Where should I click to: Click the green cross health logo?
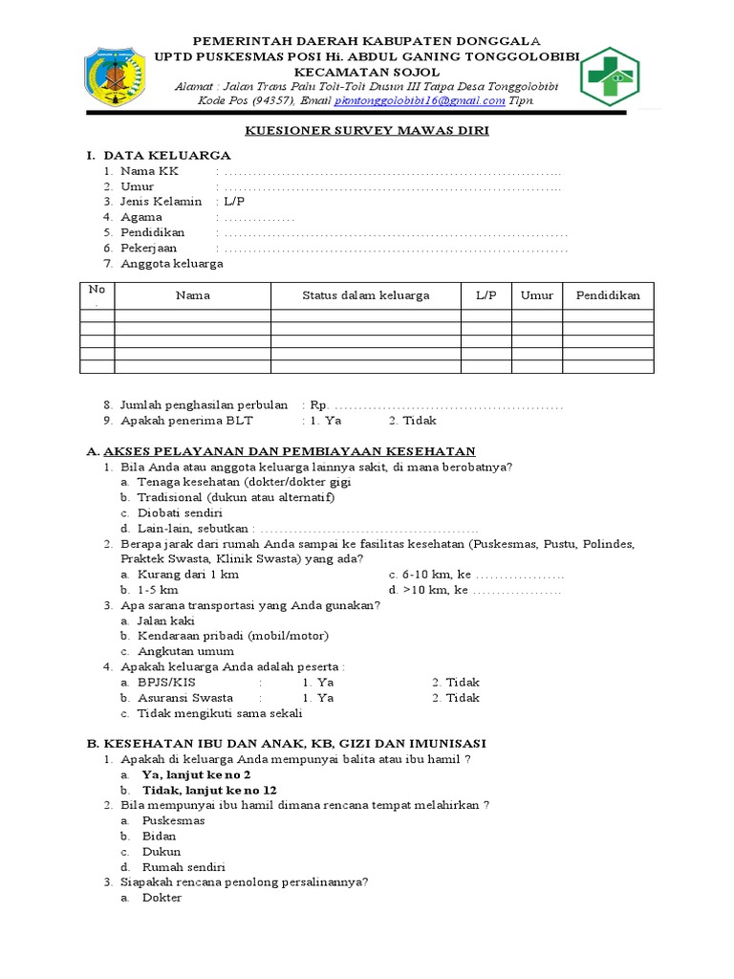tap(609, 76)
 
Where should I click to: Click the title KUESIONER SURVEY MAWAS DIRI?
tap(367, 131)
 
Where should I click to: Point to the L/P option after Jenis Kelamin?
tap(234, 202)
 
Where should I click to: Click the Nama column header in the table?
tap(192, 295)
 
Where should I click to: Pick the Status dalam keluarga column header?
tap(365, 295)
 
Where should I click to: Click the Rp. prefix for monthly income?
tap(317, 405)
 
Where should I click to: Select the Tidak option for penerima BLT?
tap(412, 421)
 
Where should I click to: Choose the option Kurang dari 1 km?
tap(187, 575)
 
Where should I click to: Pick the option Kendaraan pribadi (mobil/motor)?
tap(232, 636)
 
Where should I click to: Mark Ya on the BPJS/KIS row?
tap(317, 683)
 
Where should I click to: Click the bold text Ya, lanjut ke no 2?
tap(196, 774)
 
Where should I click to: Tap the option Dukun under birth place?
tap(161, 851)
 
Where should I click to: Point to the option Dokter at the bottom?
tap(161, 898)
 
